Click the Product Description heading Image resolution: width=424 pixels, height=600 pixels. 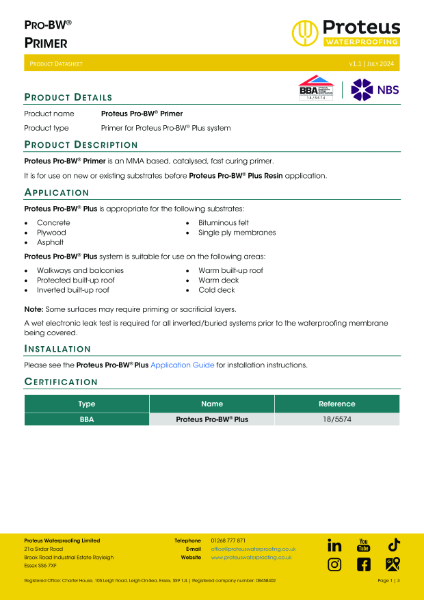[80, 145]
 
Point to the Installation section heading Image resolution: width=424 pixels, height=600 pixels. [58, 350]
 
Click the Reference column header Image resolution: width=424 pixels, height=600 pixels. [337, 403]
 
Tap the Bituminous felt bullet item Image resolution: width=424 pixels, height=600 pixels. [224, 221]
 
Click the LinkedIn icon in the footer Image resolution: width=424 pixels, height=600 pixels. [334, 545]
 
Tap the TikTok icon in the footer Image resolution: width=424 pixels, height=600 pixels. [394, 545]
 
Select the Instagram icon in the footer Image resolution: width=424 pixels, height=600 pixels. [334, 565]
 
